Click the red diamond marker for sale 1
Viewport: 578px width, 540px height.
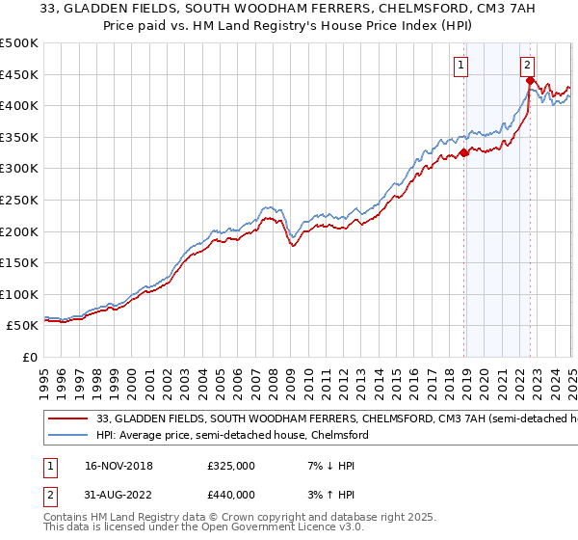464,151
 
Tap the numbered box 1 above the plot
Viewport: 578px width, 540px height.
461,66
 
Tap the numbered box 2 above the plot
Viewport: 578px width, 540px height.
528,66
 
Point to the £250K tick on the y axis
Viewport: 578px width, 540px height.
18,200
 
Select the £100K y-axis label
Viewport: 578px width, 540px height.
18,294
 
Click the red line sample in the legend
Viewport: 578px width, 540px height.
67,419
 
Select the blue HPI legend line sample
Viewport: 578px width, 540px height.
67,436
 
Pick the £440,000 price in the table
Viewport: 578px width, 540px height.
230,495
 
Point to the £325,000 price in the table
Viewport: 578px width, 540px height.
230,465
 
